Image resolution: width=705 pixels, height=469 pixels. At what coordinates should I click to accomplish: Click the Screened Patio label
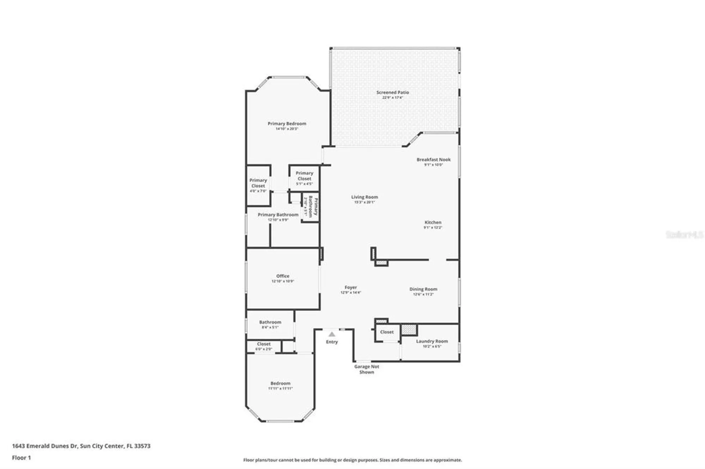pos(392,92)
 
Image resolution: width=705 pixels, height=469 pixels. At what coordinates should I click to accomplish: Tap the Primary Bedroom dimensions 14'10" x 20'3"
pos(287,129)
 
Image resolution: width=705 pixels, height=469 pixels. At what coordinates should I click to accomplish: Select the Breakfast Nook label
pos(433,160)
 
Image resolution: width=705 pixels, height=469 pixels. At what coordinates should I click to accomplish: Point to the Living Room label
pos(364,197)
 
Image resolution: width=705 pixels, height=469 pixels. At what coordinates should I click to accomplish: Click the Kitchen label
pos(433,222)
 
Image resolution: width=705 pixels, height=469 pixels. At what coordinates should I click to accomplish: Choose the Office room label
pos(283,276)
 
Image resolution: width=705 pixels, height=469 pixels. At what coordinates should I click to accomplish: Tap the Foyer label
pos(350,287)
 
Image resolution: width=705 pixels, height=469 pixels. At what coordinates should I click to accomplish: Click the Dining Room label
pos(423,289)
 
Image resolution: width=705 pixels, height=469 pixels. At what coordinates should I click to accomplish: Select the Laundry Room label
pos(431,341)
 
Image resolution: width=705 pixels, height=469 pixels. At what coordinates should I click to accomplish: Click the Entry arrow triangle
pos(332,334)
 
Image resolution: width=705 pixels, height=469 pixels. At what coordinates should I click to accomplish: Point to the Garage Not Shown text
pos(367,369)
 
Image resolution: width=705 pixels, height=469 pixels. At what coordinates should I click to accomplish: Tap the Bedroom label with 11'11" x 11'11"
pos(280,383)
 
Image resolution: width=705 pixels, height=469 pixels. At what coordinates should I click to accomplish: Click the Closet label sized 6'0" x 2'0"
pos(264,344)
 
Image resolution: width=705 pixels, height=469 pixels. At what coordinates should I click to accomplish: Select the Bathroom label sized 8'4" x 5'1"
pos(270,322)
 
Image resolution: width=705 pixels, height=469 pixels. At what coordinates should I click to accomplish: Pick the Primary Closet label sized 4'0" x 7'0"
pos(258,183)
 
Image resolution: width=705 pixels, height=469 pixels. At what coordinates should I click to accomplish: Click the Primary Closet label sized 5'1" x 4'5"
pos(304,176)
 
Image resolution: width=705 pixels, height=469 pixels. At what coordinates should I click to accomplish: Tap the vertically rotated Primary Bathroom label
pos(313,207)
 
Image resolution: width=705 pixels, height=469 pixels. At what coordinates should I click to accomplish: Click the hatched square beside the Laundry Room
pos(409,330)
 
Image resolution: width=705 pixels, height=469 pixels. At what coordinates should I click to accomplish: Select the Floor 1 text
pos(22,458)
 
